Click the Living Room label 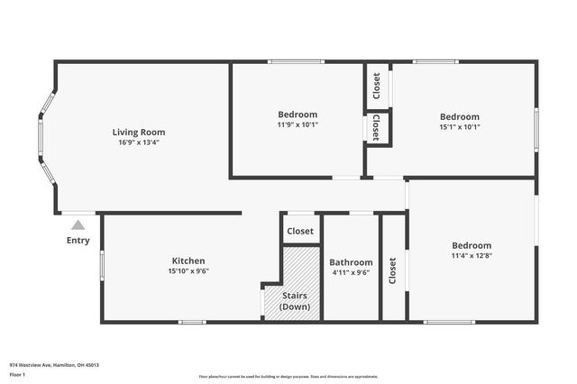tap(139, 132)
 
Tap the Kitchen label tap(188, 261)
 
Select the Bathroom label tap(351, 262)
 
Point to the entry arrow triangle tap(78, 225)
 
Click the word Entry tap(78, 241)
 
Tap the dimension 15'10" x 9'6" tap(188, 271)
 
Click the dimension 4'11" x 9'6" tap(351, 272)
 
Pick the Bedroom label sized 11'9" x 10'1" tap(297, 114)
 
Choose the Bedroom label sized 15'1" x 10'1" tap(459, 116)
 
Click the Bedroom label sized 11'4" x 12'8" tap(472, 245)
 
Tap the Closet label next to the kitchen tap(300, 231)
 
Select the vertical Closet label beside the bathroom tap(392, 270)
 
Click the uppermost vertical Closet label tap(377, 86)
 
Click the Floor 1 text tap(17, 374)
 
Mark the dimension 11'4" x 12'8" tap(472, 256)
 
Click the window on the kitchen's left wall tap(102, 265)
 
